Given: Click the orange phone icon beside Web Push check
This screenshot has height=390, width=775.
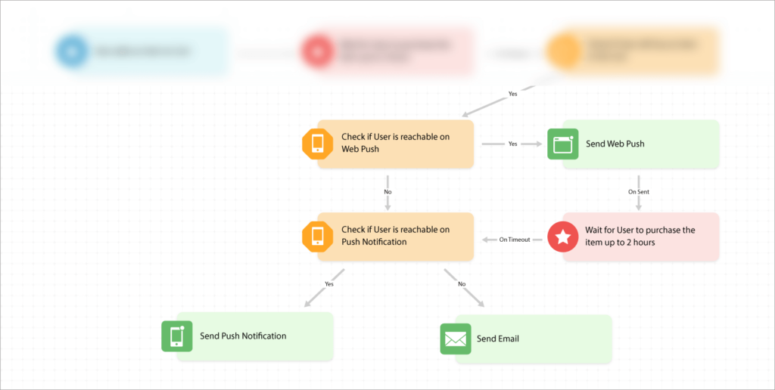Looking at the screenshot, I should coord(317,144).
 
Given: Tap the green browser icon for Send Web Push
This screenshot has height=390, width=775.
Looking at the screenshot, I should coord(562,144).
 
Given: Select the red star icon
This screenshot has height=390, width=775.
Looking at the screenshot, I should coord(562,237).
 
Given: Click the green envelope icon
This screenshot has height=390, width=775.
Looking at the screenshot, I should coord(455,339).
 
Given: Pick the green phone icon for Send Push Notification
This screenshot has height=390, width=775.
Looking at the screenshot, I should coord(176,336).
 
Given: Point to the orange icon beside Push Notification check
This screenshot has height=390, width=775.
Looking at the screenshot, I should coord(317,237).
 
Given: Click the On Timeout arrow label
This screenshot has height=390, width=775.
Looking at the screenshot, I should coord(514,240).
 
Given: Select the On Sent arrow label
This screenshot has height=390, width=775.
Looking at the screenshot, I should coord(639,192).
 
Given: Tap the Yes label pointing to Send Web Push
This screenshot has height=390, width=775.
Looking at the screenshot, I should coord(512,144).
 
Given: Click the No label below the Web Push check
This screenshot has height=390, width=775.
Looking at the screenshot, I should coord(387,192).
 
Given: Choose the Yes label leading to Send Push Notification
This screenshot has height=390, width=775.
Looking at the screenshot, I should coord(329,284).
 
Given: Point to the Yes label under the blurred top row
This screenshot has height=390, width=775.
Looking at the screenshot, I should coord(513,94).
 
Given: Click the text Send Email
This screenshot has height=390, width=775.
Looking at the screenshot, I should coord(497,339).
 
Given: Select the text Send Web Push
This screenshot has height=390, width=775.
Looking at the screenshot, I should coord(615,144).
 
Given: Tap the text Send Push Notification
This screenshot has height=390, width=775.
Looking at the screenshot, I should coord(243,336).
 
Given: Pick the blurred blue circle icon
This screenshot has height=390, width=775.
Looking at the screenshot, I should coord(72,51).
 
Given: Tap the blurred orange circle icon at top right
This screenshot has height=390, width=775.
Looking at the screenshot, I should coord(562,52).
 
